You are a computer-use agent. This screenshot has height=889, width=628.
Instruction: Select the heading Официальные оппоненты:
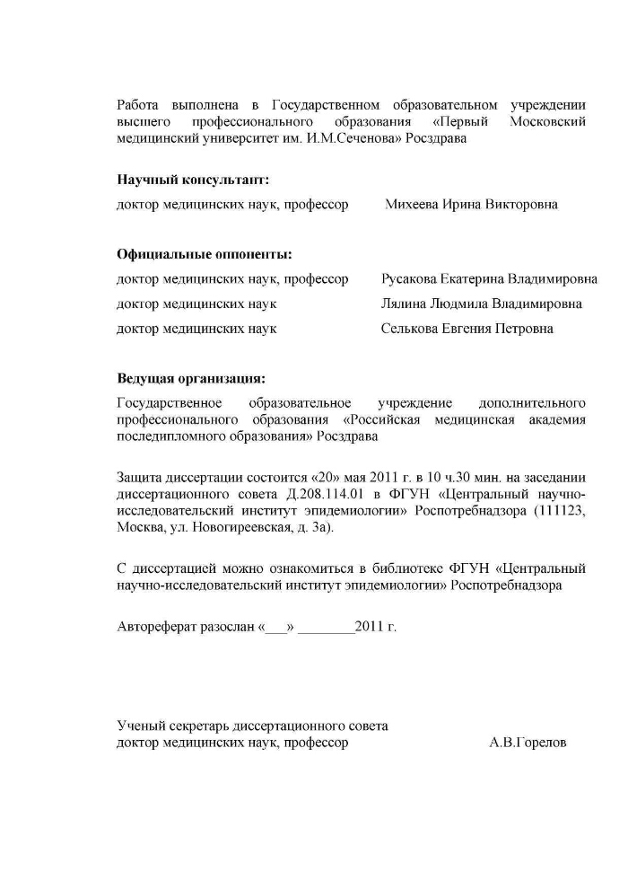tap(205, 254)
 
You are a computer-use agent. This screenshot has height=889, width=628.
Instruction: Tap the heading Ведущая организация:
tap(191, 378)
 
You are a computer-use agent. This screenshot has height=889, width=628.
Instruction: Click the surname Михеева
tap(412, 204)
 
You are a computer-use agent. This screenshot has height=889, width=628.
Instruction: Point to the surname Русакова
tap(411, 279)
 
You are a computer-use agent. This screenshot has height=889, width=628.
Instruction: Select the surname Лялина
tap(403, 304)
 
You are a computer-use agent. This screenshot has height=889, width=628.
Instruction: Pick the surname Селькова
tap(409, 329)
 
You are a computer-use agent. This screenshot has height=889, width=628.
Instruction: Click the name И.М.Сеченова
tap(348, 139)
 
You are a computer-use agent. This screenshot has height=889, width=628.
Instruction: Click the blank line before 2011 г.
tap(326, 628)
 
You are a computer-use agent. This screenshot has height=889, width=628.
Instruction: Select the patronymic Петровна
tap(524, 329)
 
